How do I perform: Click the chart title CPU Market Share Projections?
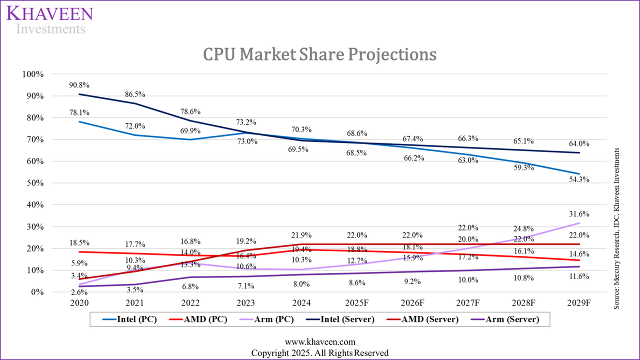319,54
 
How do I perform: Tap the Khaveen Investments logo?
49,19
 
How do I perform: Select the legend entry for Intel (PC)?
129,319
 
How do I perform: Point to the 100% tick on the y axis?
33,74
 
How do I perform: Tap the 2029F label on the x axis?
579,303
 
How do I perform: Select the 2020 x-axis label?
79,303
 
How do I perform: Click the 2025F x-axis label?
357,303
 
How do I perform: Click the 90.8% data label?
79,85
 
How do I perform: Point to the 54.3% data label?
579,179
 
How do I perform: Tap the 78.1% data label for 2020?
79,112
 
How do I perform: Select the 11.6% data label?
579,276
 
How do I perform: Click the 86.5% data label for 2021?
135,93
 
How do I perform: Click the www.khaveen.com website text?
319,342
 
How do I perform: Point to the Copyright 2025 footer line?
319,352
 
